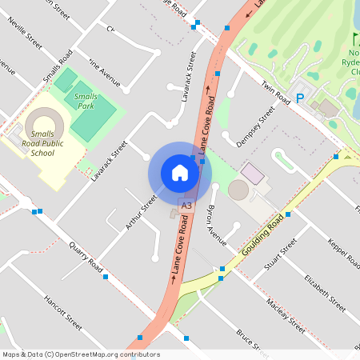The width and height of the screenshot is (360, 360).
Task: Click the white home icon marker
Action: (180, 173)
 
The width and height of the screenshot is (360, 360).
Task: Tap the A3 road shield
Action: (186, 206)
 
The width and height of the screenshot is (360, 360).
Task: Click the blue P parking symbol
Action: (300, 98)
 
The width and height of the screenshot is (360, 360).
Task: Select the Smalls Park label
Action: (85, 101)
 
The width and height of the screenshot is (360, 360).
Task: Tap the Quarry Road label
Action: (86, 255)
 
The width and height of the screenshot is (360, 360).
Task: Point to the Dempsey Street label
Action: (255, 126)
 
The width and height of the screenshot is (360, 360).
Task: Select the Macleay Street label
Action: (286, 314)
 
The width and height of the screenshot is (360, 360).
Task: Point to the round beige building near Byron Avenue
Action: (238, 190)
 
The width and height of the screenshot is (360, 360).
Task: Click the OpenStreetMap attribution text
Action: (80, 354)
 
